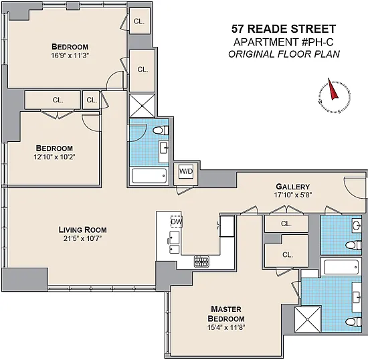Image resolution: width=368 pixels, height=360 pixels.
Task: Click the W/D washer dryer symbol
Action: pos(186,171)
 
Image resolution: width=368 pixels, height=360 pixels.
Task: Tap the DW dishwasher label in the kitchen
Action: pos(176,221)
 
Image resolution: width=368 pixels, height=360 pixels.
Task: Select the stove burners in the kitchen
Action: pos(201,262)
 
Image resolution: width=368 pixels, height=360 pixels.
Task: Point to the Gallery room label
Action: pos(292,187)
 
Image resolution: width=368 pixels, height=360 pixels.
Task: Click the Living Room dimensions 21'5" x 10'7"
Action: pos(82,238)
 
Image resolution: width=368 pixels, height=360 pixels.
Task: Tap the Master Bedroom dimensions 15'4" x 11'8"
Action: pos(226,327)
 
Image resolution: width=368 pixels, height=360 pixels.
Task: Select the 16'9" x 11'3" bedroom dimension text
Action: pos(70,56)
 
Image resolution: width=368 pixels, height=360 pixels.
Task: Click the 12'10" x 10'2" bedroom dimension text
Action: pos(54,157)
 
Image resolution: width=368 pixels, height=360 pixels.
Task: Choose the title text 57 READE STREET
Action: pos(284,29)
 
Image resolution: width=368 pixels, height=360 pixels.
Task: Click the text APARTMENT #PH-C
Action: pos(284,42)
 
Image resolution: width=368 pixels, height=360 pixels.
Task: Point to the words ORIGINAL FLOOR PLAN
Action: pos(284,54)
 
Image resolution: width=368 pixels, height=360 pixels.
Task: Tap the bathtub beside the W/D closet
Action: pos(149,175)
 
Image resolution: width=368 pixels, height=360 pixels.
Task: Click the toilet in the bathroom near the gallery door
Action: pos(353,245)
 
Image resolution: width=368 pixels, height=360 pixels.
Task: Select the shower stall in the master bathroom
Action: pos(308,319)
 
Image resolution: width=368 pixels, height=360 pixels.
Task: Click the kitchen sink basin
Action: pos(174,238)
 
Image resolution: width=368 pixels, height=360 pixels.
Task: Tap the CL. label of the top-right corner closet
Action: pos(139,21)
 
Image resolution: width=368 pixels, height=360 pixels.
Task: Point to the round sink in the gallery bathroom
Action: pos(357,226)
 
